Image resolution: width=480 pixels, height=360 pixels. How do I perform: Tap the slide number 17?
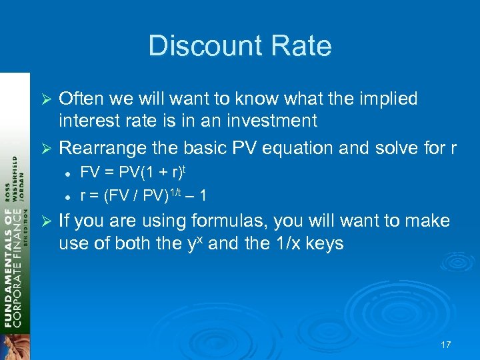(446, 345)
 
